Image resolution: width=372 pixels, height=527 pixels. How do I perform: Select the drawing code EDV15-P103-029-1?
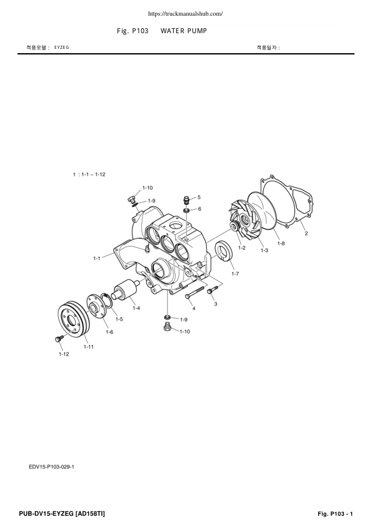click(56, 466)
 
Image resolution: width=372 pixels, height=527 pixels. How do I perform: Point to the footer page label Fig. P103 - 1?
click(336, 514)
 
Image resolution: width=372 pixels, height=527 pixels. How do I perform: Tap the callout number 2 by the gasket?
click(306, 234)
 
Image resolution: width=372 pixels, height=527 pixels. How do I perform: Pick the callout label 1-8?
click(281, 243)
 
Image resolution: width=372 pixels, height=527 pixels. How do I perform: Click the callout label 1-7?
click(234, 274)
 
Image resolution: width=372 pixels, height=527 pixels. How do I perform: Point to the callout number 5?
click(199, 197)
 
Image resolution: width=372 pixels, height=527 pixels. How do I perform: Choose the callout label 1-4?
click(135, 307)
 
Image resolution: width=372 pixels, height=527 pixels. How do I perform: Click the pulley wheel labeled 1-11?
click(74, 319)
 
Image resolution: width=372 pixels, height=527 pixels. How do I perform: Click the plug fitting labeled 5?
click(186, 200)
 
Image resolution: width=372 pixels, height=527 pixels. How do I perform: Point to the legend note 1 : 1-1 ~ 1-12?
click(89, 174)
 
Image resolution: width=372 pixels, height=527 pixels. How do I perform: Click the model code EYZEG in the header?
click(61, 48)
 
